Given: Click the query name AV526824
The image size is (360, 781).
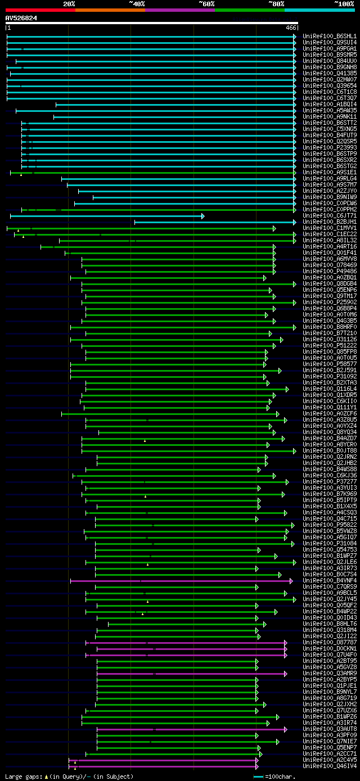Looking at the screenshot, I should (x=21, y=18).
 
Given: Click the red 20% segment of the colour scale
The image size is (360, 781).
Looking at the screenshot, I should (x=40, y=10).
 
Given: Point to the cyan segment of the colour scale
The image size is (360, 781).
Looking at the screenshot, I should (x=319, y=10).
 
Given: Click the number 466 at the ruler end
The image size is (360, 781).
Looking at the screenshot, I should (x=291, y=28).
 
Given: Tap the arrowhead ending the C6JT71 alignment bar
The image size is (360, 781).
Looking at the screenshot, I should (x=203, y=216).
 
